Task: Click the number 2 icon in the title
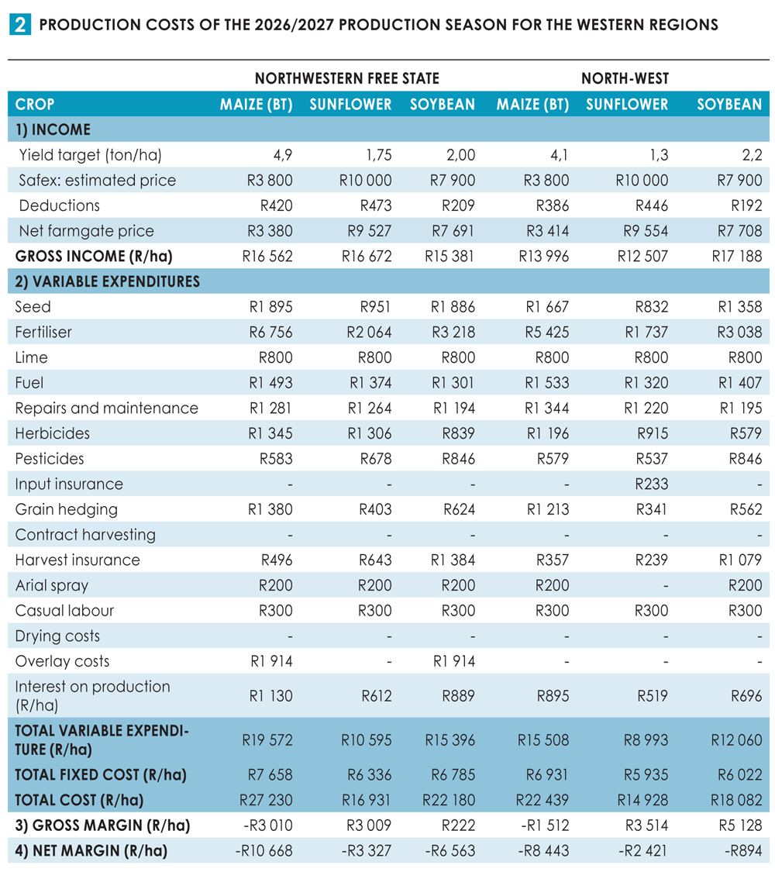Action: [20, 25]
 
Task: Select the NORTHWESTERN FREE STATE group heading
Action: [347, 78]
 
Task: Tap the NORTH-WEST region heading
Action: [625, 78]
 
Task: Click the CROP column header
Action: [34, 104]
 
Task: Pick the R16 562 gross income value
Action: [267, 257]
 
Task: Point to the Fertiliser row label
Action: [43, 332]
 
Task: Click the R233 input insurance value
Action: [652, 484]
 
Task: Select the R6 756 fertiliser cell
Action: [270, 332]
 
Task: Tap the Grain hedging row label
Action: [66, 510]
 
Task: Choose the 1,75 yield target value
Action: [379, 155]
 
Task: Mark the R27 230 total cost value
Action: [266, 800]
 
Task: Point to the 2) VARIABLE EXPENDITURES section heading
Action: [107, 281]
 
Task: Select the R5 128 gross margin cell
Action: [740, 825]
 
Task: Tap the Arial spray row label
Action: [52, 586]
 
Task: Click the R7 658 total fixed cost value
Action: [270, 774]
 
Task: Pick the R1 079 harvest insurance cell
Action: [740, 560]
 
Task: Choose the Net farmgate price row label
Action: [86, 231]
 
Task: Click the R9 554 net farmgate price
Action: [646, 231]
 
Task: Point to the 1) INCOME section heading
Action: [53, 129]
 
